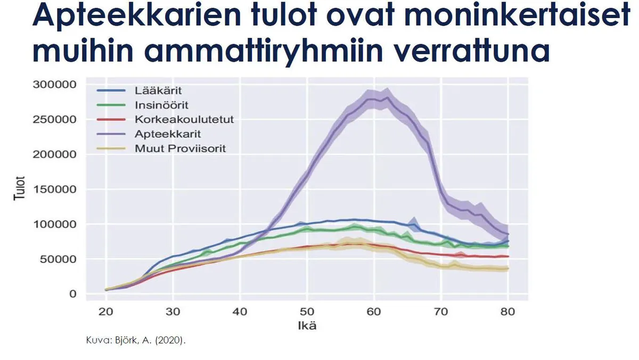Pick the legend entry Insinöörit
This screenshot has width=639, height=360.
[161, 105]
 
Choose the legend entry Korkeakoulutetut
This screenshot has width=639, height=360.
[184, 119]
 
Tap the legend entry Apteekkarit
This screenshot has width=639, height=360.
[163, 134]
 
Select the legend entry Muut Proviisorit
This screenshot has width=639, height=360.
[180, 148]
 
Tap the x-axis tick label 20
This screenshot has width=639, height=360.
[106, 312]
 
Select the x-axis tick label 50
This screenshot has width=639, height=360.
[307, 312]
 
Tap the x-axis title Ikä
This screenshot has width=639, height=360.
[307, 326]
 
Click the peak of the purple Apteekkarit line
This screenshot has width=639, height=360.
[387, 97]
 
